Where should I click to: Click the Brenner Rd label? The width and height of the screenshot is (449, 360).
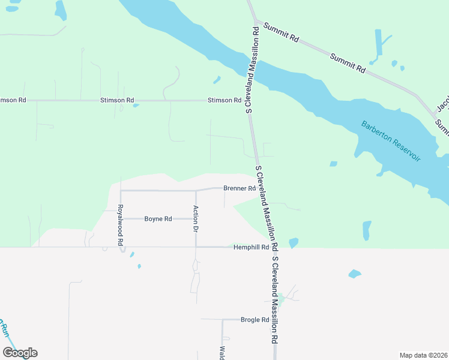coord(240,188)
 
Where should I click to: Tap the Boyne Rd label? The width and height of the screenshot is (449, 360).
coord(158,219)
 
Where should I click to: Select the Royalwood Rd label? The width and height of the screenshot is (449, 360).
coord(120,226)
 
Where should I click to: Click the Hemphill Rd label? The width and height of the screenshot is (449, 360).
coord(250,247)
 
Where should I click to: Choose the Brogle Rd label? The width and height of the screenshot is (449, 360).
coord(254,320)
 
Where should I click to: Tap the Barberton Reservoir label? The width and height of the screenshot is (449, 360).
coord(391,141)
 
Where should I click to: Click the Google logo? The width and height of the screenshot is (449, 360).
coord(20,353)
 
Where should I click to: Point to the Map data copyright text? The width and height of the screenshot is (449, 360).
coord(423,355)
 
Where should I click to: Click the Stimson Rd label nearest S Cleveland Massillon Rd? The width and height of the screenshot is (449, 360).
coord(224,100)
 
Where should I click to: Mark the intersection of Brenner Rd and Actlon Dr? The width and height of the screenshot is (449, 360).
coord(196,191)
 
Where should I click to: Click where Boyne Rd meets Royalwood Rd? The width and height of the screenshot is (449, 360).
coord(121,219)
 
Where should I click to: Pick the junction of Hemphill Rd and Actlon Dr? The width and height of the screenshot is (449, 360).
coord(196,247)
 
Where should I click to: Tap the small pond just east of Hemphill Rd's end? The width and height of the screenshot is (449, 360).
coord(294,243)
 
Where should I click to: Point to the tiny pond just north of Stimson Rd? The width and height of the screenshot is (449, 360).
coord(136,106)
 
